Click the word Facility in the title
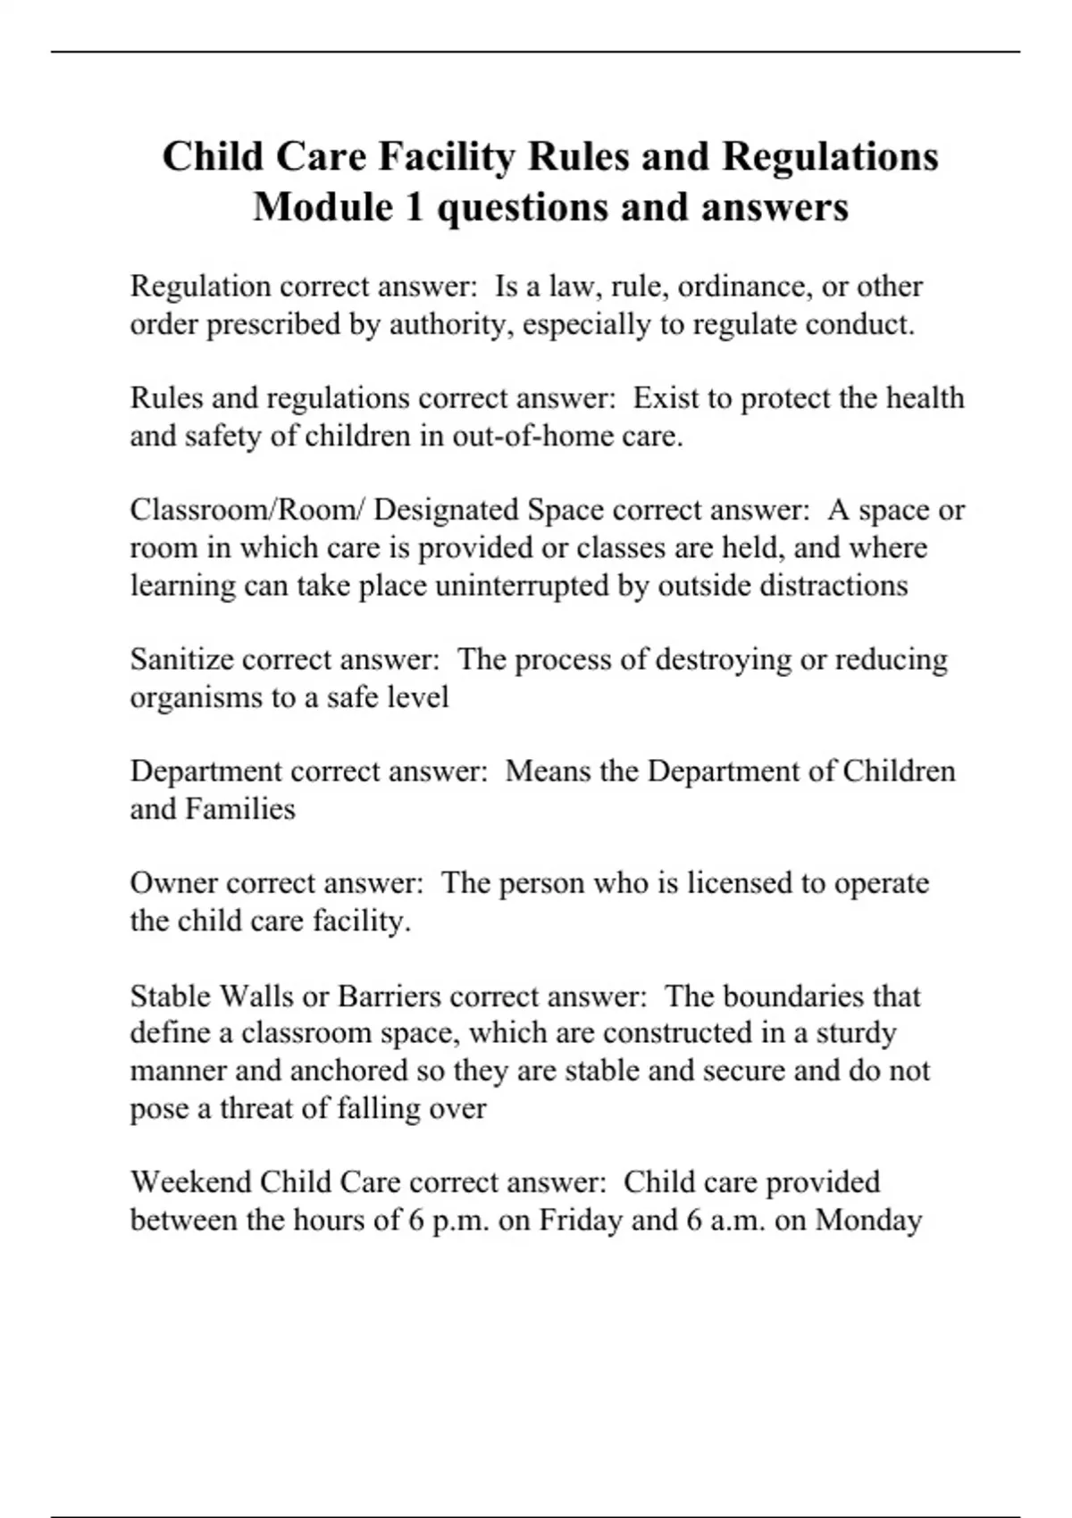pyautogui.click(x=446, y=157)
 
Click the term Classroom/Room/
pyautogui.click(x=247, y=511)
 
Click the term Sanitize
pyautogui.click(x=181, y=660)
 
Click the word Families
pyautogui.click(x=239, y=809)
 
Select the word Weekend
pyautogui.click(x=190, y=1182)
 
